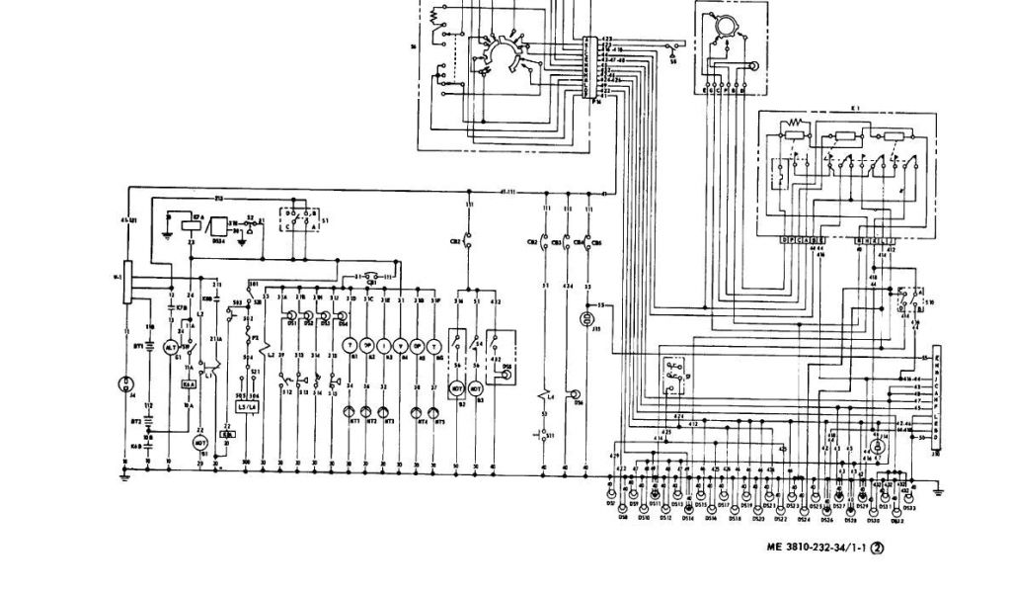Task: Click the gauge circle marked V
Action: click(401, 344)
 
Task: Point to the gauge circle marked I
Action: click(384, 344)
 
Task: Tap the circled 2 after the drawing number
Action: click(876, 554)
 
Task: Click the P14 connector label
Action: click(596, 101)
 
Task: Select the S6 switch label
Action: click(674, 60)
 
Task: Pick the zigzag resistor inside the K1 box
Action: click(797, 126)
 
